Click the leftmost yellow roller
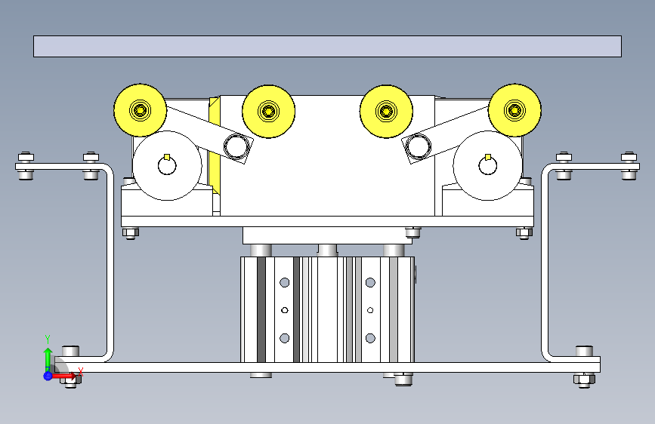(141, 111)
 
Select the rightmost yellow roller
(514, 111)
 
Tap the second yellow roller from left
(268, 112)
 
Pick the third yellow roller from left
(386, 112)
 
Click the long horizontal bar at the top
(327, 46)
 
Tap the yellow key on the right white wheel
(488, 158)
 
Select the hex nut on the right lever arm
(417, 146)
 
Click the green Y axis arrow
(47, 355)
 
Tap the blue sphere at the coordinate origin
(48, 375)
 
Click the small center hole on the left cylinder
(285, 309)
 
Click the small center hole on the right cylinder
(370, 309)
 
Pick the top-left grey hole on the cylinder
(285, 283)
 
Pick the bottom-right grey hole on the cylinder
(370, 337)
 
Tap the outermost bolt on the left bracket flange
(26, 165)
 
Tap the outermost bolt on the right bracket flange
(629, 165)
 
